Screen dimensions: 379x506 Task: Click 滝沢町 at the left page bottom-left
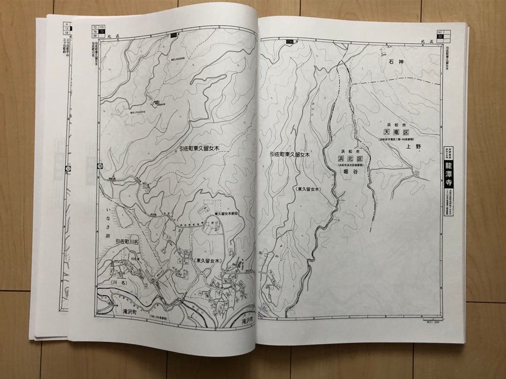coord(126,311)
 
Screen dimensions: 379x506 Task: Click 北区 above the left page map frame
coord(111,36)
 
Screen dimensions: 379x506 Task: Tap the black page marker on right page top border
coord(290,42)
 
